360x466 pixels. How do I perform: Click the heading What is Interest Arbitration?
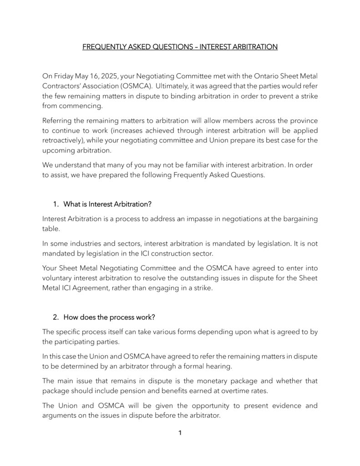point(107,204)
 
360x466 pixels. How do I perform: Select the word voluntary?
point(58,278)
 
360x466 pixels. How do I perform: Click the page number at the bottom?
point(180,433)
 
